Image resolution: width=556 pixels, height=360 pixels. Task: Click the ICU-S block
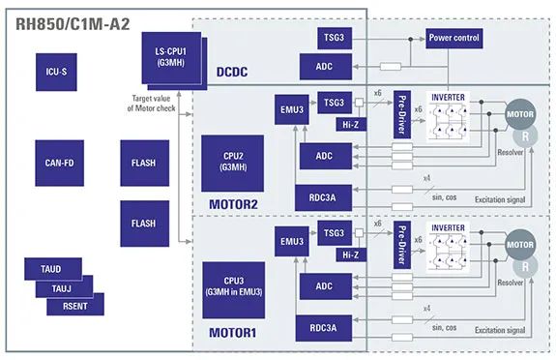tap(56, 72)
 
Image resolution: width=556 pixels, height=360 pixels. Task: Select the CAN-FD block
tap(60, 163)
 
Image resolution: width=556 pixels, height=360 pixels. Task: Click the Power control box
tap(454, 38)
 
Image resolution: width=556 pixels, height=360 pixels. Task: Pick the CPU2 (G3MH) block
tap(233, 163)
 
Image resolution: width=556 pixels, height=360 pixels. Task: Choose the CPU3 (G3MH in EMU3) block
tap(234, 290)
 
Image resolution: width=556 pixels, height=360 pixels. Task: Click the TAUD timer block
tap(53, 269)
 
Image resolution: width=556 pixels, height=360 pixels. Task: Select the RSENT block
tap(75, 306)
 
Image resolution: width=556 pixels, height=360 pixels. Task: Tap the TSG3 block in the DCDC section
tap(335, 38)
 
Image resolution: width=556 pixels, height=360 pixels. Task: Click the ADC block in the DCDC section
tap(326, 67)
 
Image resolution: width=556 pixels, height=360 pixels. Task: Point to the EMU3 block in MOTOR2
tap(292, 109)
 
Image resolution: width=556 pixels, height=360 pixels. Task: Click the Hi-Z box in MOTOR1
tap(351, 255)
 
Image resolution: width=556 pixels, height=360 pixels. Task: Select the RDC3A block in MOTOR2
tap(324, 197)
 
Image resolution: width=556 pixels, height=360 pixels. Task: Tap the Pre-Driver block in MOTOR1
tap(402, 245)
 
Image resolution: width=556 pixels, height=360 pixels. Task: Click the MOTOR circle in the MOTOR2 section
tap(520, 114)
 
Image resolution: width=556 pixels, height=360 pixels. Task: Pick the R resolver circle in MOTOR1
tap(525, 267)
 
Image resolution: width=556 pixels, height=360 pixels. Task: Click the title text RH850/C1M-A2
tap(73, 24)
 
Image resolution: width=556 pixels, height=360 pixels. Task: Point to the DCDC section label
tap(232, 72)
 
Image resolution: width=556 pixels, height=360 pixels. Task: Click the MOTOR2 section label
tap(233, 204)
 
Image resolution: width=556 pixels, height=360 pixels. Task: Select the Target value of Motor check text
tap(152, 104)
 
